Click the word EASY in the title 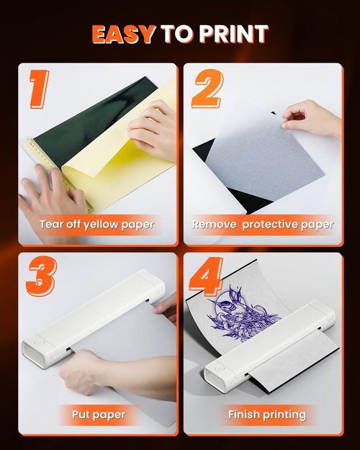(123, 34)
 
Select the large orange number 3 (40, 278)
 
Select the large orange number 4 (206, 279)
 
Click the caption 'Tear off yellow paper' (96, 224)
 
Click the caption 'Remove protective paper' (262, 224)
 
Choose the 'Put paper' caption (99, 414)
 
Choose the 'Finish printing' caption (266, 414)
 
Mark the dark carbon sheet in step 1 (79, 119)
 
